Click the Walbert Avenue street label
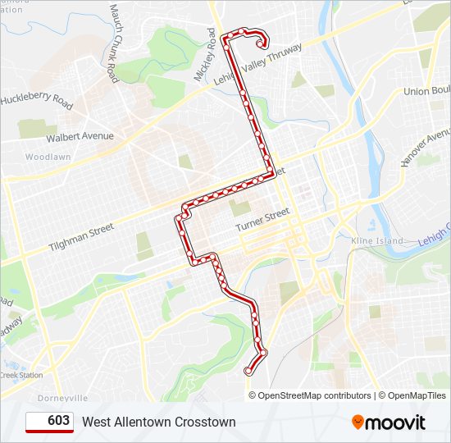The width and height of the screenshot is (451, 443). (80, 136)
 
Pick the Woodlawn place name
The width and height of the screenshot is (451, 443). (48, 157)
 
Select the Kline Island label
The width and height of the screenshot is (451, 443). (377, 241)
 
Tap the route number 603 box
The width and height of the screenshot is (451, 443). (49, 422)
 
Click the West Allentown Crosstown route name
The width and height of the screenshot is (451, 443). (158, 422)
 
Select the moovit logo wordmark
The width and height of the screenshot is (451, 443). (395, 422)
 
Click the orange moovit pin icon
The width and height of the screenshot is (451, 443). (358, 422)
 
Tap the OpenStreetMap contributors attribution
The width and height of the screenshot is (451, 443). (314, 395)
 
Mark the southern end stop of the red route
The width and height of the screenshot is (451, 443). (248, 372)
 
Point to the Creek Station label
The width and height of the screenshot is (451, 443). (21, 375)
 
